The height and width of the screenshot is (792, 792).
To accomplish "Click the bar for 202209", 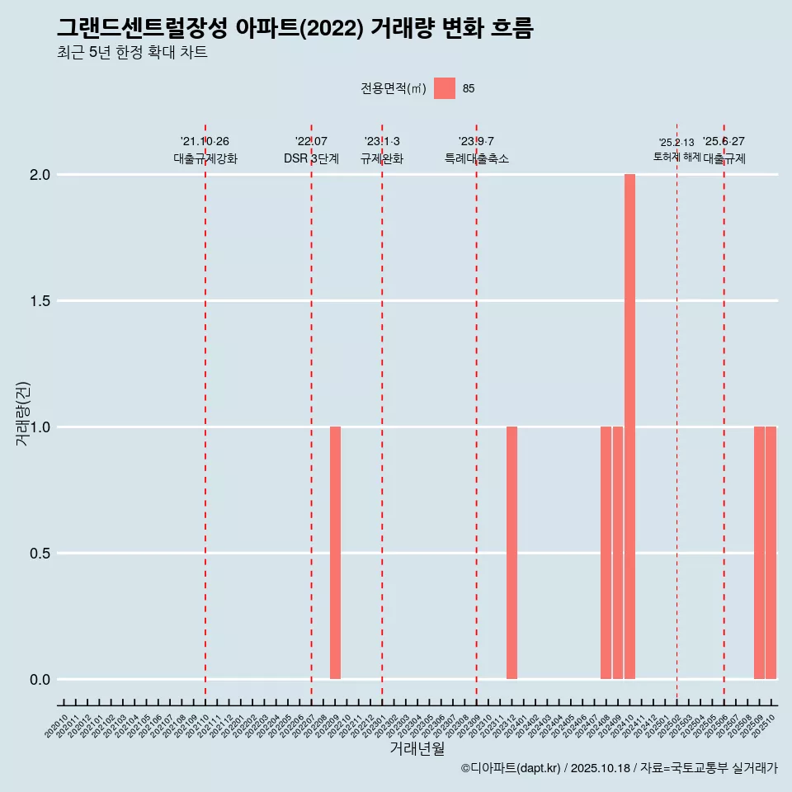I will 335,553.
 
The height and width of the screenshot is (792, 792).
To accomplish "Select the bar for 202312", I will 511,553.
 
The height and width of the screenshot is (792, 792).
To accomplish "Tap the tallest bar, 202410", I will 629,427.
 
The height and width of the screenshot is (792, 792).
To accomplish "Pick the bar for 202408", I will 606,553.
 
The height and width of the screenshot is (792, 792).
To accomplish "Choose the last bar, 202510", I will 771,553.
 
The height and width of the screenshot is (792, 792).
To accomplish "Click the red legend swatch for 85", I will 445,88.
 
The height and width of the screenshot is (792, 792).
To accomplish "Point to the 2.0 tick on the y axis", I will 40,175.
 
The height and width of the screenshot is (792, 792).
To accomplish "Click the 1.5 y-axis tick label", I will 40,301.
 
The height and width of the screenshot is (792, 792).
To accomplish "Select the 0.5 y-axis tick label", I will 40,554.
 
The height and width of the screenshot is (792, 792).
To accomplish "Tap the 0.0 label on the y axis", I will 40,680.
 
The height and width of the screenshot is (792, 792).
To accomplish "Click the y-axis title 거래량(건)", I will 22,413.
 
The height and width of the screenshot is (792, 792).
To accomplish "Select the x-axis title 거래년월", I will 417,748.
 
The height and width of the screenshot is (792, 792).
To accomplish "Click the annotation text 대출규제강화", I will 205,158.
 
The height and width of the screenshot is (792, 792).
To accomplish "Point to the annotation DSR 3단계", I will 311,158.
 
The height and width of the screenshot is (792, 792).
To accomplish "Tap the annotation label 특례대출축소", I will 476,158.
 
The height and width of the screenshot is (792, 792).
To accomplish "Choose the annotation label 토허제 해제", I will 676,157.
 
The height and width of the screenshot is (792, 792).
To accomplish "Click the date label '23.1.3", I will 382,141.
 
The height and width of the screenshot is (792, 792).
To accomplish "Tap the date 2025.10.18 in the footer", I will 600,768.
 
